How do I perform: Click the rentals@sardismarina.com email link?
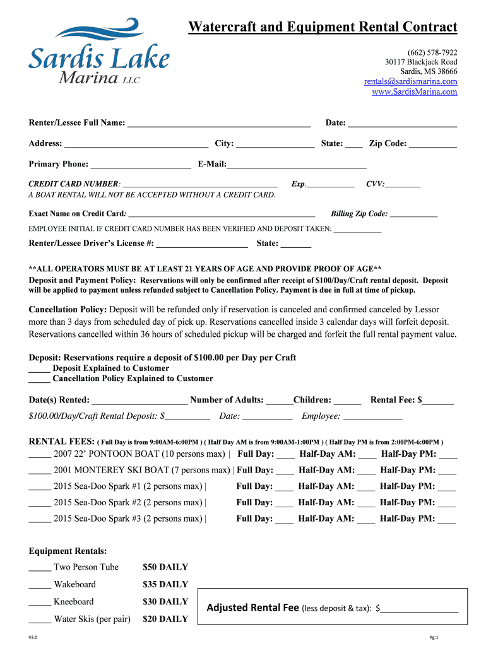click(x=410, y=81)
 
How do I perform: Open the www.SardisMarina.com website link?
click(x=414, y=92)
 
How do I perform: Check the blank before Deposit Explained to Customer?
click(x=39, y=369)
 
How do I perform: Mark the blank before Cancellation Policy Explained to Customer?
click(x=39, y=380)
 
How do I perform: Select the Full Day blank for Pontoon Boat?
click(x=285, y=455)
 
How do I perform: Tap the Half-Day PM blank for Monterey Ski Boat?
click(x=447, y=471)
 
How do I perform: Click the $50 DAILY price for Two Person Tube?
click(x=165, y=567)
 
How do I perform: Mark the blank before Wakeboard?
click(x=39, y=585)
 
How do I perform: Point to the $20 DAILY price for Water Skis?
click(x=165, y=619)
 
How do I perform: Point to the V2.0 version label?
click(x=33, y=638)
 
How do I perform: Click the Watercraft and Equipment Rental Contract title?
click(x=323, y=26)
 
